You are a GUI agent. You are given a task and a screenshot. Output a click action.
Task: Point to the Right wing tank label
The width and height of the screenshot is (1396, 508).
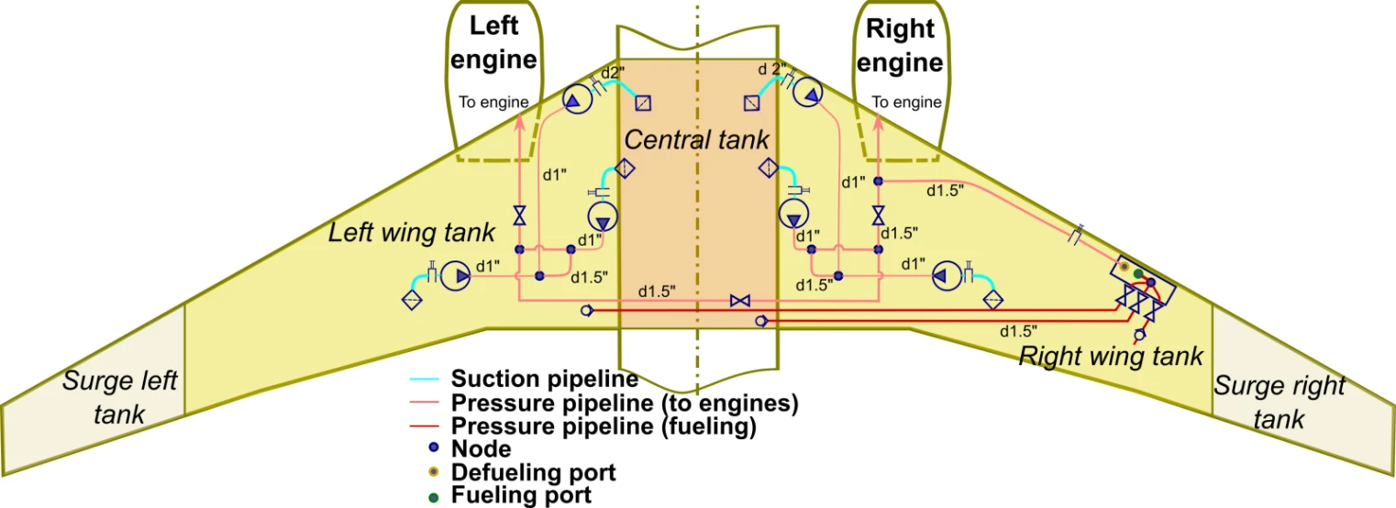1111,356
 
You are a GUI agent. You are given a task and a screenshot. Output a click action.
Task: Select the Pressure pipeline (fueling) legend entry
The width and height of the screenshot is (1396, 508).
603,426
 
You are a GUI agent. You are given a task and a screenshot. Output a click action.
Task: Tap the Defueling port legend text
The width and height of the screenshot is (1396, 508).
533,473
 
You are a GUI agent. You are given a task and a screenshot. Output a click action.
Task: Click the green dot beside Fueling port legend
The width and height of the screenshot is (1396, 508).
434,496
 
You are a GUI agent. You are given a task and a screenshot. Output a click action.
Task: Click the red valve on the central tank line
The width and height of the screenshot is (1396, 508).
739,301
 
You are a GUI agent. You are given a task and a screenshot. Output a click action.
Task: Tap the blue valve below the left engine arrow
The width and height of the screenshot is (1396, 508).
519,216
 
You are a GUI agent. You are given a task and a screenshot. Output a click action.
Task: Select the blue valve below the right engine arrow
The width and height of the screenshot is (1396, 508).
879,216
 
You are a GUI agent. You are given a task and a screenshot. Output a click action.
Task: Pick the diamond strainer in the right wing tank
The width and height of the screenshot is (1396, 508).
992,300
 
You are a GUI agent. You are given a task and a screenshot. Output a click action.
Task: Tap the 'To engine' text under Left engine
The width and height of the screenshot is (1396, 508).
493,102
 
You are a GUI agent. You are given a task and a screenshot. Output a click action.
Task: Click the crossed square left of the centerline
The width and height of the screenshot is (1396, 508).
643,103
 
